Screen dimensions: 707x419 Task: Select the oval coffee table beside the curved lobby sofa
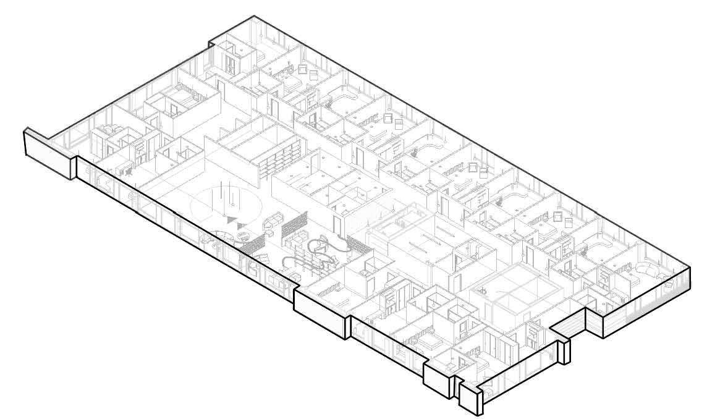[242, 235]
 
